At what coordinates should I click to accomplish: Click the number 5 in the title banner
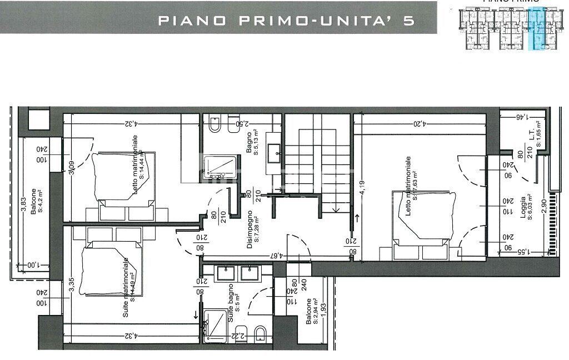pyautogui.click(x=409, y=21)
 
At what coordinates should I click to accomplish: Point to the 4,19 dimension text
pyautogui.click(x=362, y=188)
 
